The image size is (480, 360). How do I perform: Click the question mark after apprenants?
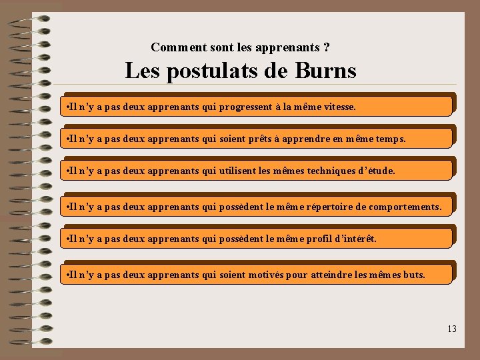click(x=325, y=47)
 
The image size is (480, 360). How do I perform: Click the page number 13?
click(x=452, y=329)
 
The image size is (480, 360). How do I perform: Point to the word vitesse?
click(x=339, y=107)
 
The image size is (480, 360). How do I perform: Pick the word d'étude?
click(x=377, y=171)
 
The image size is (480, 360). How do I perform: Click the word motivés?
click(x=265, y=275)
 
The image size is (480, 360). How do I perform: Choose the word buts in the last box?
click(x=413, y=275)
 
